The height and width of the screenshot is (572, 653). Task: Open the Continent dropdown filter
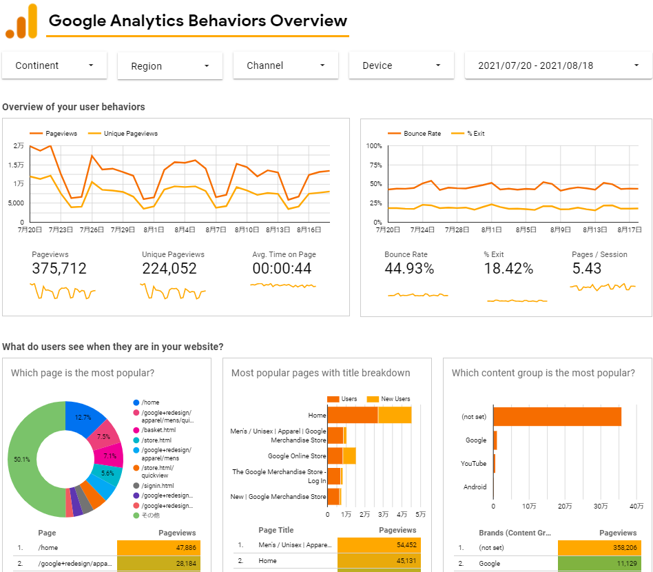(54, 65)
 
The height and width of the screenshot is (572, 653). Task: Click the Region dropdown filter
(170, 66)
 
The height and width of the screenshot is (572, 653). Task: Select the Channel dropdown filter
(286, 65)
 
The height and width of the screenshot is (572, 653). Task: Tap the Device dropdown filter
(402, 65)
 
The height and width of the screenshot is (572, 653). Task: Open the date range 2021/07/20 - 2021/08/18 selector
(558, 65)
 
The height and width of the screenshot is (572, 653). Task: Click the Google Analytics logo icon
(21, 21)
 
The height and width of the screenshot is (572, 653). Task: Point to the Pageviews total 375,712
(59, 269)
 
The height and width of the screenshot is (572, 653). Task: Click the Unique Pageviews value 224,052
(169, 269)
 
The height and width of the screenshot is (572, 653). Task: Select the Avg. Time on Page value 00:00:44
(282, 269)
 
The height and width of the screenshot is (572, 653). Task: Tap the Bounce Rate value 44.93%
(409, 269)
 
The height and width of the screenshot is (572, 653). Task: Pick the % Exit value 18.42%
(508, 269)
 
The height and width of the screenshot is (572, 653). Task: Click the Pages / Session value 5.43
(587, 269)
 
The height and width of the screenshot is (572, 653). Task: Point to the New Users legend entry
(390, 399)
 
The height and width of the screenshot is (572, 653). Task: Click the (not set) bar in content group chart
(557, 417)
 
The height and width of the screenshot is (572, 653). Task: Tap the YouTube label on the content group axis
(473, 464)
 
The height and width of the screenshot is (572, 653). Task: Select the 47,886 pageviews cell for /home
(158, 548)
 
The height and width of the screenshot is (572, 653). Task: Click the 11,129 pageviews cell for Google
(599, 563)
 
